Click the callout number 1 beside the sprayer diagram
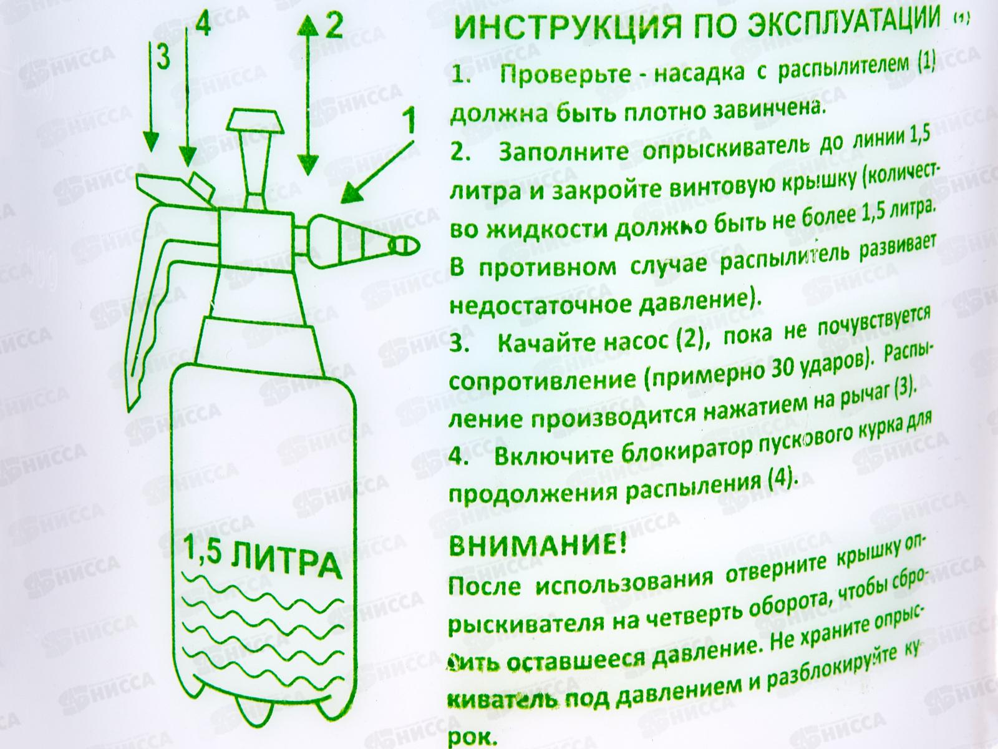click(x=409, y=120)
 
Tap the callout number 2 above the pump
click(x=334, y=26)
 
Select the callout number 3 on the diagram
click(x=162, y=57)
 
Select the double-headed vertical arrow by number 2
click(x=306, y=94)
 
